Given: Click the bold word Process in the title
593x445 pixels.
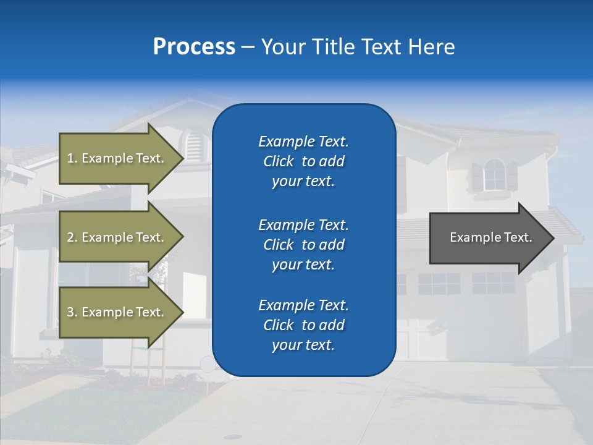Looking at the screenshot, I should point(194,47).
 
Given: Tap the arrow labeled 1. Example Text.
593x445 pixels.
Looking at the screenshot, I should point(117,158).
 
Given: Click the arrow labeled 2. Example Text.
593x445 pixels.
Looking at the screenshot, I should point(117,237).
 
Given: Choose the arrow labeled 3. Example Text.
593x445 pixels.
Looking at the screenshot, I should point(117,312).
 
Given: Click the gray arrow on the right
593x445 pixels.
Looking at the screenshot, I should point(488,238).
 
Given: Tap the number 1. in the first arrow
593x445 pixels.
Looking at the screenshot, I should point(72,158).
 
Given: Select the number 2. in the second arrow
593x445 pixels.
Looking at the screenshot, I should point(72,237).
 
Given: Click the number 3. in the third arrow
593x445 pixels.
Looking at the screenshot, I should point(72,312).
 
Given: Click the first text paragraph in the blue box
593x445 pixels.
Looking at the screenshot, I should point(303,161).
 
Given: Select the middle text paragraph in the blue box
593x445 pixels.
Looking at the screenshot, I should point(303,245).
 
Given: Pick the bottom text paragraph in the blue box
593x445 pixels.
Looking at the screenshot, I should point(303,325).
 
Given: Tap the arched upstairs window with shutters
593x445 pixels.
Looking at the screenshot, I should point(494,175).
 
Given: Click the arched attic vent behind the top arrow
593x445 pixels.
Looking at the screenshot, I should point(195,146).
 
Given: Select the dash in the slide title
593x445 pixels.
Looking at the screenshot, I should point(248,48).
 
